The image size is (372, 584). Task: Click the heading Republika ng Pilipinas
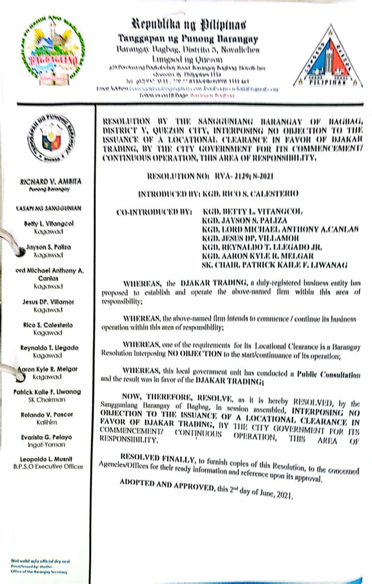click(189, 25)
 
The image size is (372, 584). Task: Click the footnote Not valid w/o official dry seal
click(38, 561)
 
